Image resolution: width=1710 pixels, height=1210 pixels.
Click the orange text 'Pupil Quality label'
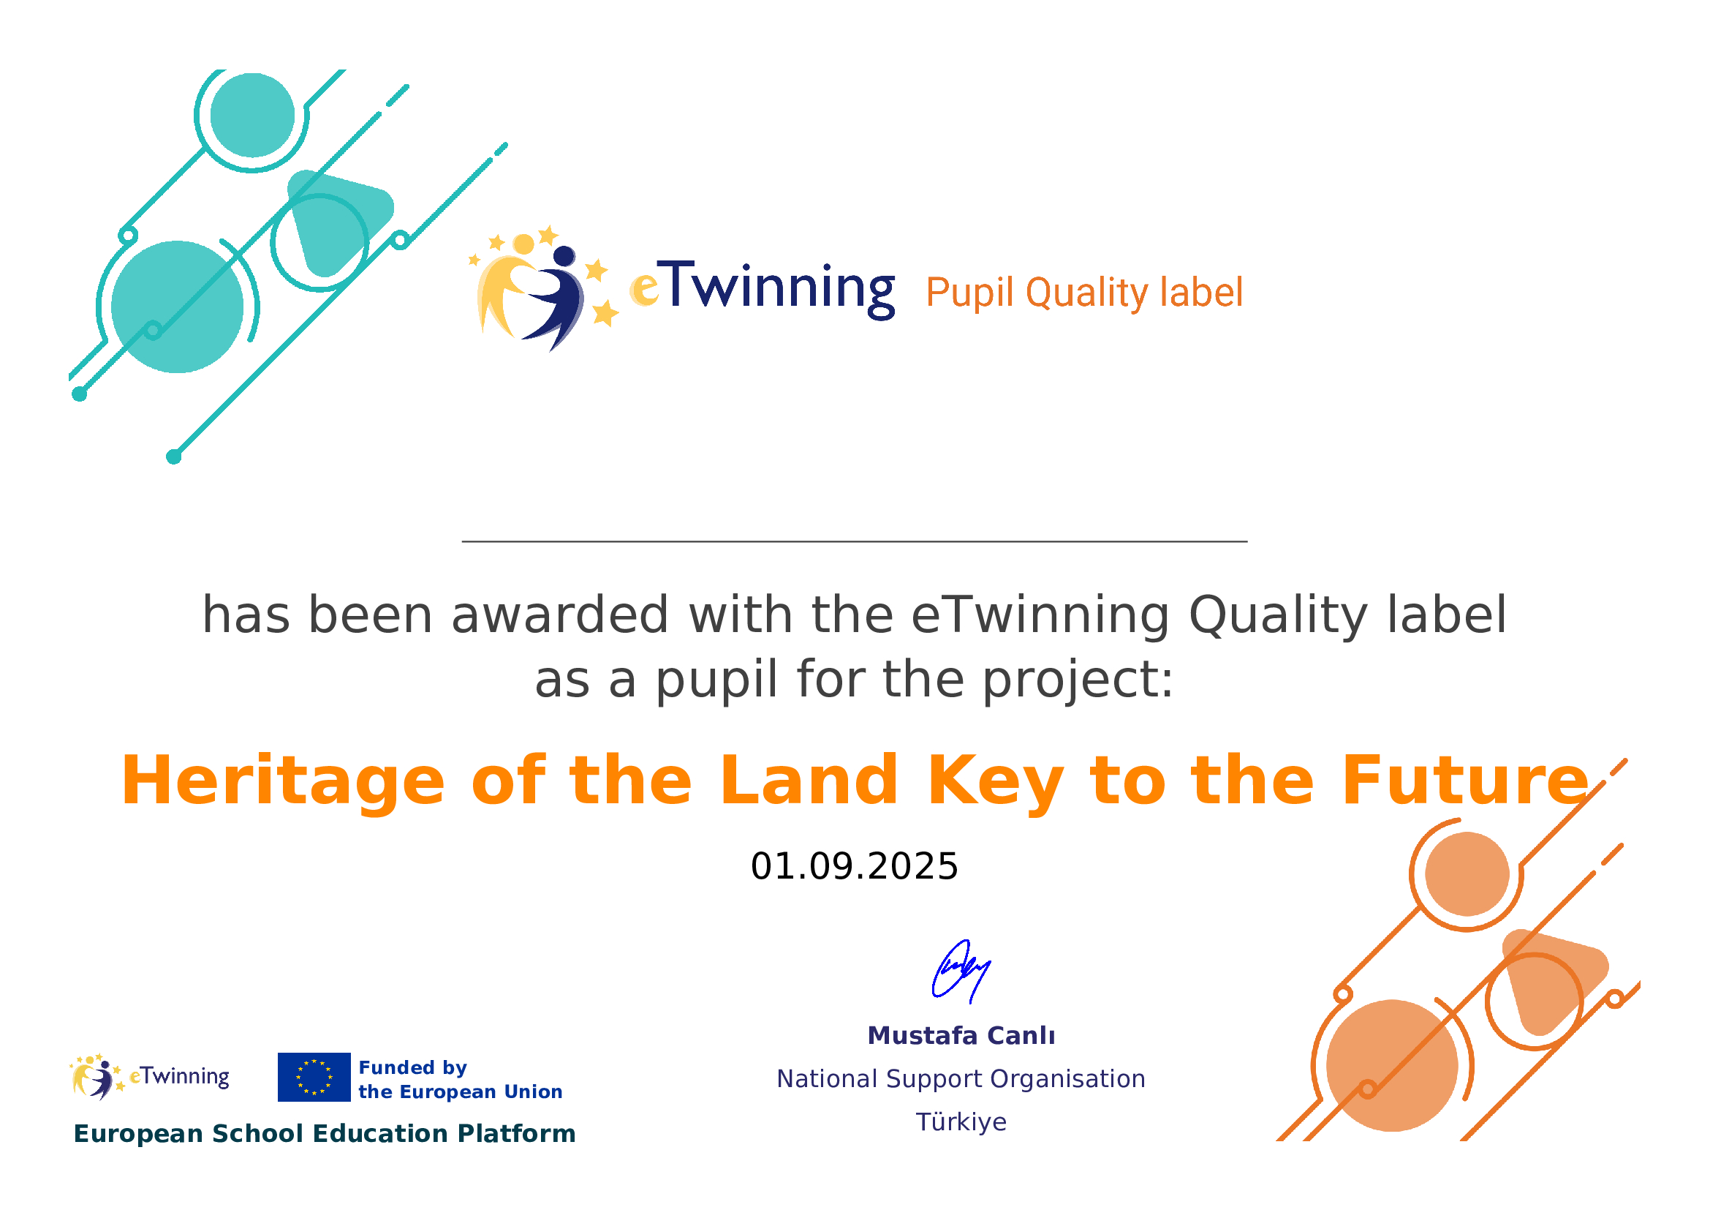(1084, 292)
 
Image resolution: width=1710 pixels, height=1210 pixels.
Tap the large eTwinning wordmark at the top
(763, 289)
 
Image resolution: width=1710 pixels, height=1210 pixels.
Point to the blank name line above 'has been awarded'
(854, 541)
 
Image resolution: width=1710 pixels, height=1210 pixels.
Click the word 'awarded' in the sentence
(560, 615)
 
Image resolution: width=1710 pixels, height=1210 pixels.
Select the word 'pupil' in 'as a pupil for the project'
(716, 681)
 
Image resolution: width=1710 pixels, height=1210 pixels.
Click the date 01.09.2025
(854, 866)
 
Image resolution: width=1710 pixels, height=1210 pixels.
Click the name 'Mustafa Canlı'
(961, 1036)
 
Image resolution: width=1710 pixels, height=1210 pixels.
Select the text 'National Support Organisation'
(961, 1079)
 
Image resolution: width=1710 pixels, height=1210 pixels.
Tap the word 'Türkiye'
(961, 1122)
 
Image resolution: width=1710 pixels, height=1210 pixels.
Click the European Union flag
(314, 1078)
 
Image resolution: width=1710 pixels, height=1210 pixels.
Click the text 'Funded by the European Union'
(461, 1080)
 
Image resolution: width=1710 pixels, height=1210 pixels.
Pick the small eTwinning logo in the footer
(149, 1078)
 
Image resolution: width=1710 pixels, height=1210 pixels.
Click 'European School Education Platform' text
(325, 1134)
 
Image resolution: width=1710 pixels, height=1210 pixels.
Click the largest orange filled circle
(1392, 1065)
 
